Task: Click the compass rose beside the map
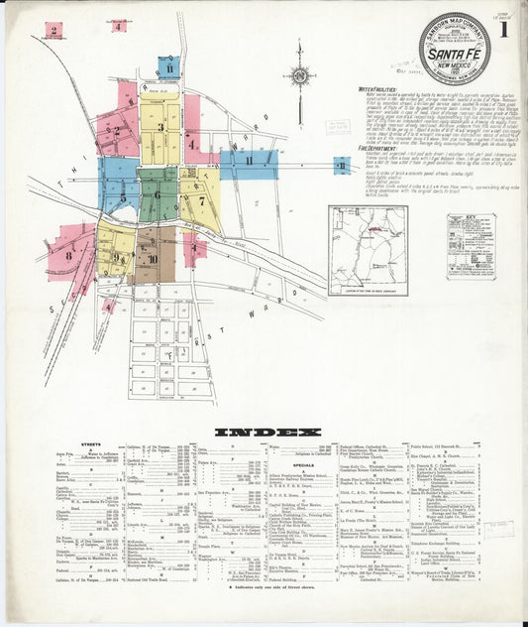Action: [x=298, y=74]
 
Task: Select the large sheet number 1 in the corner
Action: [x=506, y=28]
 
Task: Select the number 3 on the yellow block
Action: [x=159, y=127]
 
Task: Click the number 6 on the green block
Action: [x=157, y=194]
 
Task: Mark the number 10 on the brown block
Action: [x=152, y=259]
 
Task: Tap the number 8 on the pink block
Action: [x=69, y=255]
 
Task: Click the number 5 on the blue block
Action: [x=123, y=196]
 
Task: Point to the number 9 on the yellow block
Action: [x=116, y=257]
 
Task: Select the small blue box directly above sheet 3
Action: [x=169, y=67]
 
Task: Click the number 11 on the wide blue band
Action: [x=249, y=161]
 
